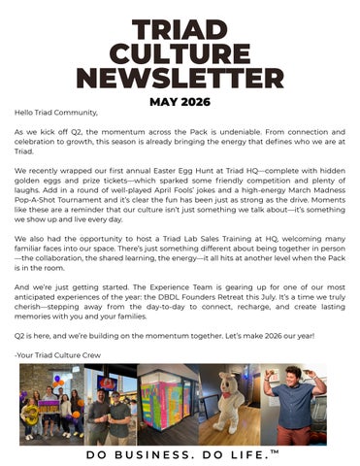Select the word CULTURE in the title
pyautogui.click(x=180, y=53)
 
